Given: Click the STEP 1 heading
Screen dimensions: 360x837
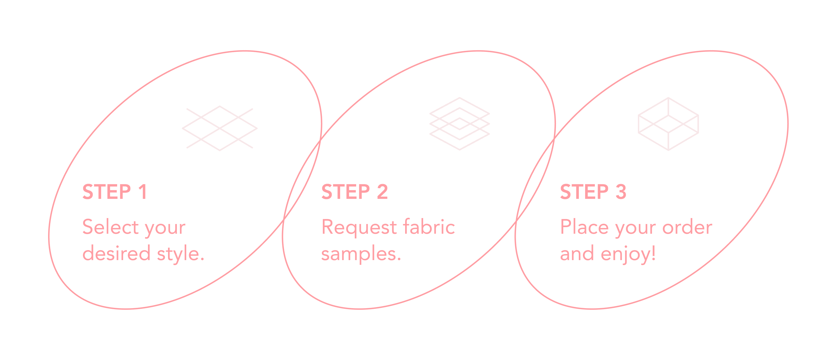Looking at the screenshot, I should [x=114, y=192].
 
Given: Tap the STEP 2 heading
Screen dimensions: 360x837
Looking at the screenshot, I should [x=355, y=192].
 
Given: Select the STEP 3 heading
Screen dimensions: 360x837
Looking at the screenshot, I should [x=593, y=192].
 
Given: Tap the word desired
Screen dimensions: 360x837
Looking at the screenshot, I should [x=116, y=254].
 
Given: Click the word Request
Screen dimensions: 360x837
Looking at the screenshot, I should [x=359, y=227].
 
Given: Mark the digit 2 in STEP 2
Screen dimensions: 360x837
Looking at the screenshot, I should [x=383, y=192].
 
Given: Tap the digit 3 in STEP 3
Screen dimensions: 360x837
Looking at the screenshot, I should [x=621, y=192].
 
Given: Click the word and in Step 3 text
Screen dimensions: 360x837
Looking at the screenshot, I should [x=577, y=254].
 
